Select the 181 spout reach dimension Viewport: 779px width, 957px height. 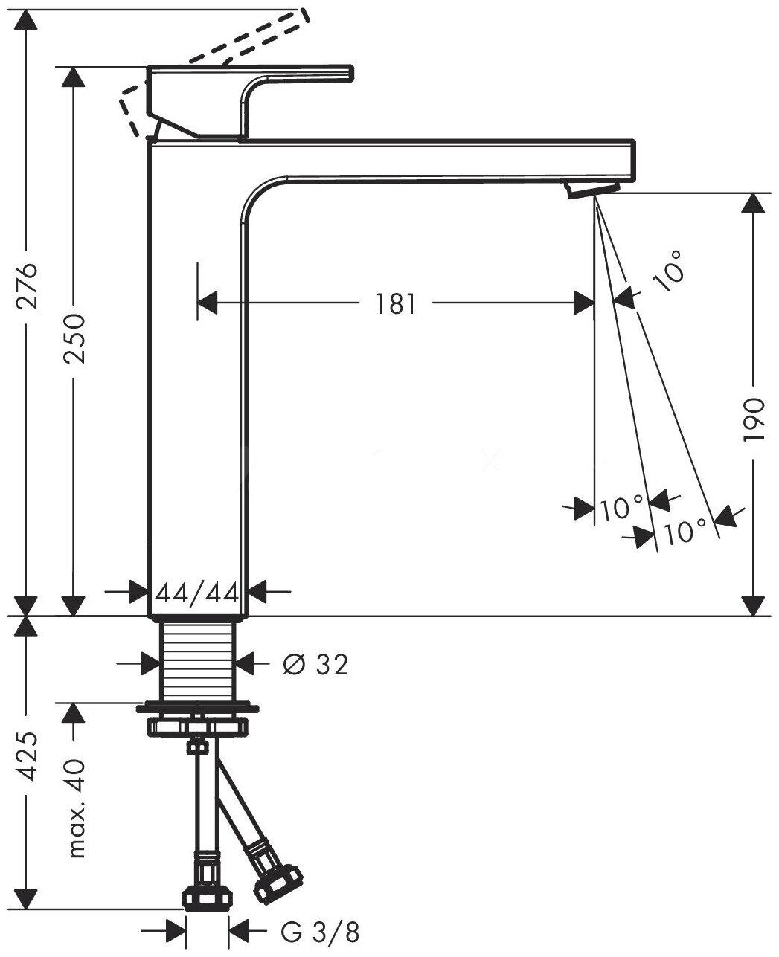pyautogui.click(x=395, y=303)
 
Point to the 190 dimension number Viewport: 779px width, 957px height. pyautogui.click(x=754, y=421)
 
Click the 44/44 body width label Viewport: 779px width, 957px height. pyautogui.click(x=198, y=593)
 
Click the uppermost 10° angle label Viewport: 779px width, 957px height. pyautogui.click(x=669, y=272)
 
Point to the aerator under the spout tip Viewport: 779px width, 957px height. pyautogui.click(x=593, y=190)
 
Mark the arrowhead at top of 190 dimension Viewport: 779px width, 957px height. pyautogui.click(x=754, y=204)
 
